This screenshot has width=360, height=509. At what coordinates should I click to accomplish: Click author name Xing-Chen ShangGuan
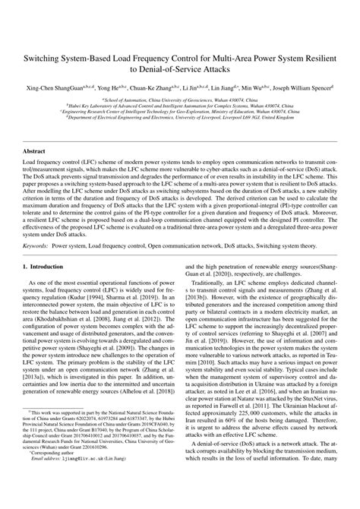[x=59, y=88]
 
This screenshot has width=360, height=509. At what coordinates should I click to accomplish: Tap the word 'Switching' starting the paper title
[x=49, y=57]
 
